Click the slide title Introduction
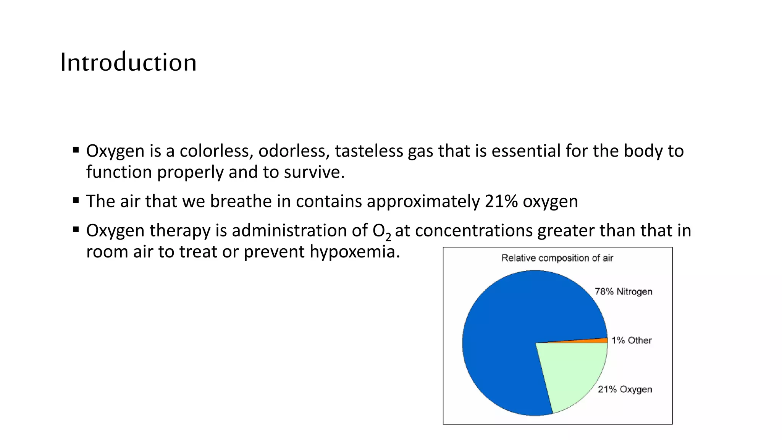tap(128, 62)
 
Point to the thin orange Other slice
tap(596, 340)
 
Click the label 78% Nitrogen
tap(624, 292)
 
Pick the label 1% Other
tap(632, 340)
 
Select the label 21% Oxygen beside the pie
tap(625, 389)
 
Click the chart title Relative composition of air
tap(557, 258)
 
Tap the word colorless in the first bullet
tap(217, 151)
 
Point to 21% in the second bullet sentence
tap(501, 201)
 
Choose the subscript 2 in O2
tap(388, 237)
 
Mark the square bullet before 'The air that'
tap(76, 200)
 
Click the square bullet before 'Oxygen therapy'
tap(76, 229)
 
